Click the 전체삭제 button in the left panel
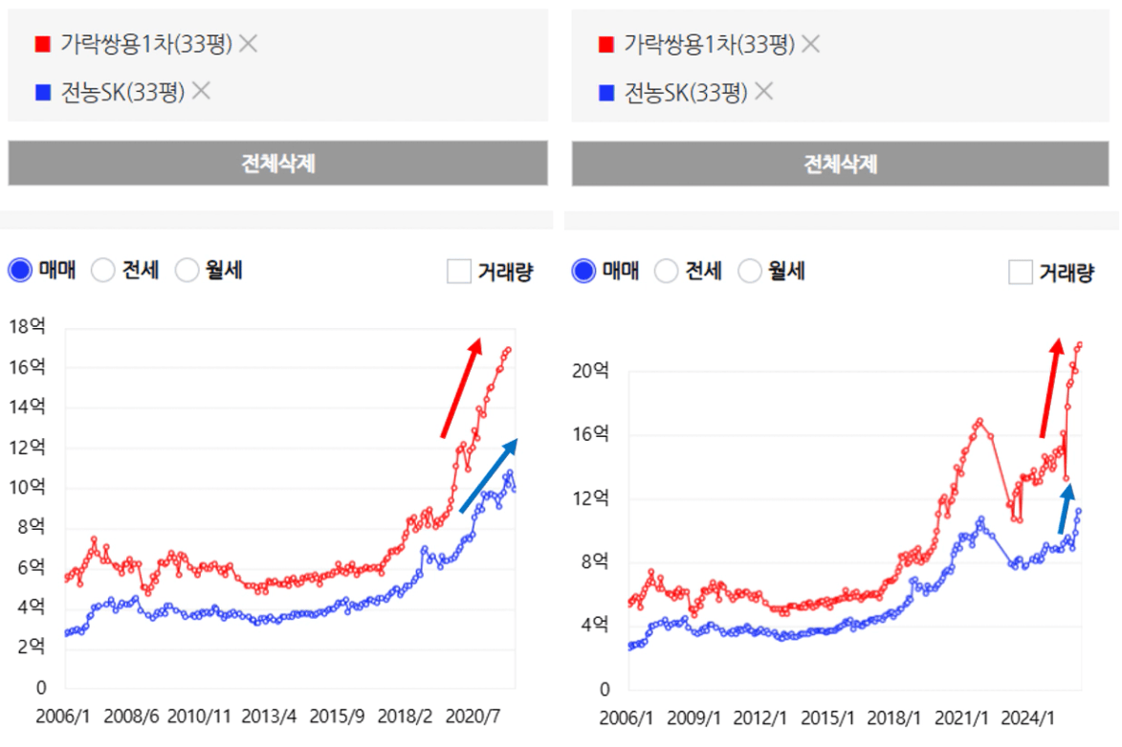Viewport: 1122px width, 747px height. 277,164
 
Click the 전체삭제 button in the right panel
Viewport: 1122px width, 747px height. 841,164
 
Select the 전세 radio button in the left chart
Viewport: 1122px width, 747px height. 103,271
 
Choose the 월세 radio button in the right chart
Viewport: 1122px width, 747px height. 751,271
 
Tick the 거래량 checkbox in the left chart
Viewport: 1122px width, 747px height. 459,272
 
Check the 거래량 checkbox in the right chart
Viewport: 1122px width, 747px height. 1021,272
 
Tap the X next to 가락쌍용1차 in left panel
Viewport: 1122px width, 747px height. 249,43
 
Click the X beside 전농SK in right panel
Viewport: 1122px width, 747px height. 763,92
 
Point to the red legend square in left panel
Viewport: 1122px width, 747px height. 42,44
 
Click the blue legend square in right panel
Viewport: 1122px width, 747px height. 605,93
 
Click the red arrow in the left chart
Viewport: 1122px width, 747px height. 461,387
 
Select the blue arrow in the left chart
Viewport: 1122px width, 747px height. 489,474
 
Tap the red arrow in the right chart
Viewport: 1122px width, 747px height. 1051,386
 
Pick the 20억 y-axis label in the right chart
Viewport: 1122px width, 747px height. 590,371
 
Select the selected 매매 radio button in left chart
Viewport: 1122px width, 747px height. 20,271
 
